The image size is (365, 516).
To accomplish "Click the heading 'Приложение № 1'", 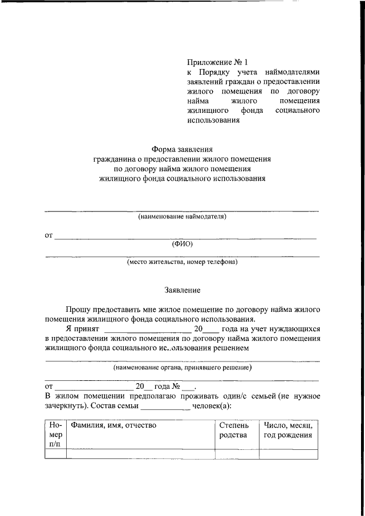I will point(218,62).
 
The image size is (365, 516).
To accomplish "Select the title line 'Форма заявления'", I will point(182,149).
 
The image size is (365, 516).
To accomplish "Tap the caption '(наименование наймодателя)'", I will point(182,217).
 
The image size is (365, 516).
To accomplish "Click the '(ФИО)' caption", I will point(182,244).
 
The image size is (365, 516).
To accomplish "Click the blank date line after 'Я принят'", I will point(147,329).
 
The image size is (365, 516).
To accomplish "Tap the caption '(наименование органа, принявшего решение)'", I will point(182,368).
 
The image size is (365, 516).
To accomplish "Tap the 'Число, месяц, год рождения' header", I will point(288,430).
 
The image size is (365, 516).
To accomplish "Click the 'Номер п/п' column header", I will point(56,434).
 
